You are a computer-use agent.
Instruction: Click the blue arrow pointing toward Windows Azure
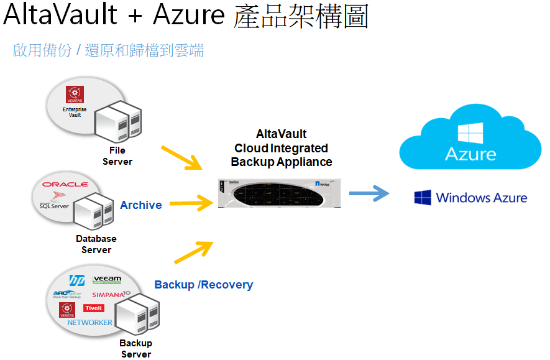(369, 194)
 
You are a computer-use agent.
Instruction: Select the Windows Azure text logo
(470, 198)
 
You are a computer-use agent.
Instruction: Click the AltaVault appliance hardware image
(280, 193)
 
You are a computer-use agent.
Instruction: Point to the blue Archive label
(141, 205)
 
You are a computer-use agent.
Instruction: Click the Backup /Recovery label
(204, 285)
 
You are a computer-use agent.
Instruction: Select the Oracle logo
(65, 184)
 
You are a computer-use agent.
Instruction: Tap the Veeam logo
(106, 280)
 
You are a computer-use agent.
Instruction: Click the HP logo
(76, 280)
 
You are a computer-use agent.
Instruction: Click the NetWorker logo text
(90, 322)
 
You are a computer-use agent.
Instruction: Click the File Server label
(117, 156)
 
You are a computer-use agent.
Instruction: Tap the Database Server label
(96, 244)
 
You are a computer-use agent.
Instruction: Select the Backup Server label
(136, 349)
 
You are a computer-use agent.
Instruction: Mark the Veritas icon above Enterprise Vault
(75, 95)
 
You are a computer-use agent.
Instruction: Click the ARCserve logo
(68, 294)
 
